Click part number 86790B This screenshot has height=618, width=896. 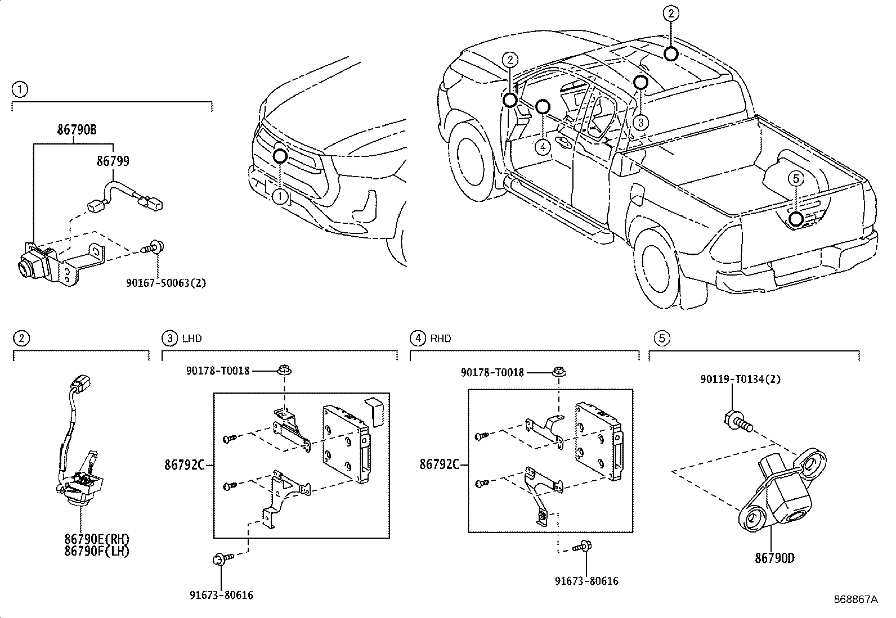(x=77, y=129)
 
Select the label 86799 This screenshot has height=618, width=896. (x=113, y=161)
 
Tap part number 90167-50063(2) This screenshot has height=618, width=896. (x=165, y=283)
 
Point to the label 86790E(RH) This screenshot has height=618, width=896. (x=97, y=540)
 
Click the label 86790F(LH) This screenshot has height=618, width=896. (x=97, y=552)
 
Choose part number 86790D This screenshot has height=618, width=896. (x=774, y=558)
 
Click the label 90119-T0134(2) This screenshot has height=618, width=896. (x=740, y=380)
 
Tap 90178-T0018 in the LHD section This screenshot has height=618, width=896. (x=217, y=371)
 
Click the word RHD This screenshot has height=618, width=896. (x=441, y=339)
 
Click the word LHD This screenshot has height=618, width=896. (x=192, y=339)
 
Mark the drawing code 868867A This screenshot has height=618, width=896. (x=855, y=599)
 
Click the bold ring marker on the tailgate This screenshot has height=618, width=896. (x=795, y=219)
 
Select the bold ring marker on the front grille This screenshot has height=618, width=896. (x=280, y=156)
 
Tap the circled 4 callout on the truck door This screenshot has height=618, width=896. (x=542, y=147)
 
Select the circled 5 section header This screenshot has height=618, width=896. (x=662, y=338)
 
